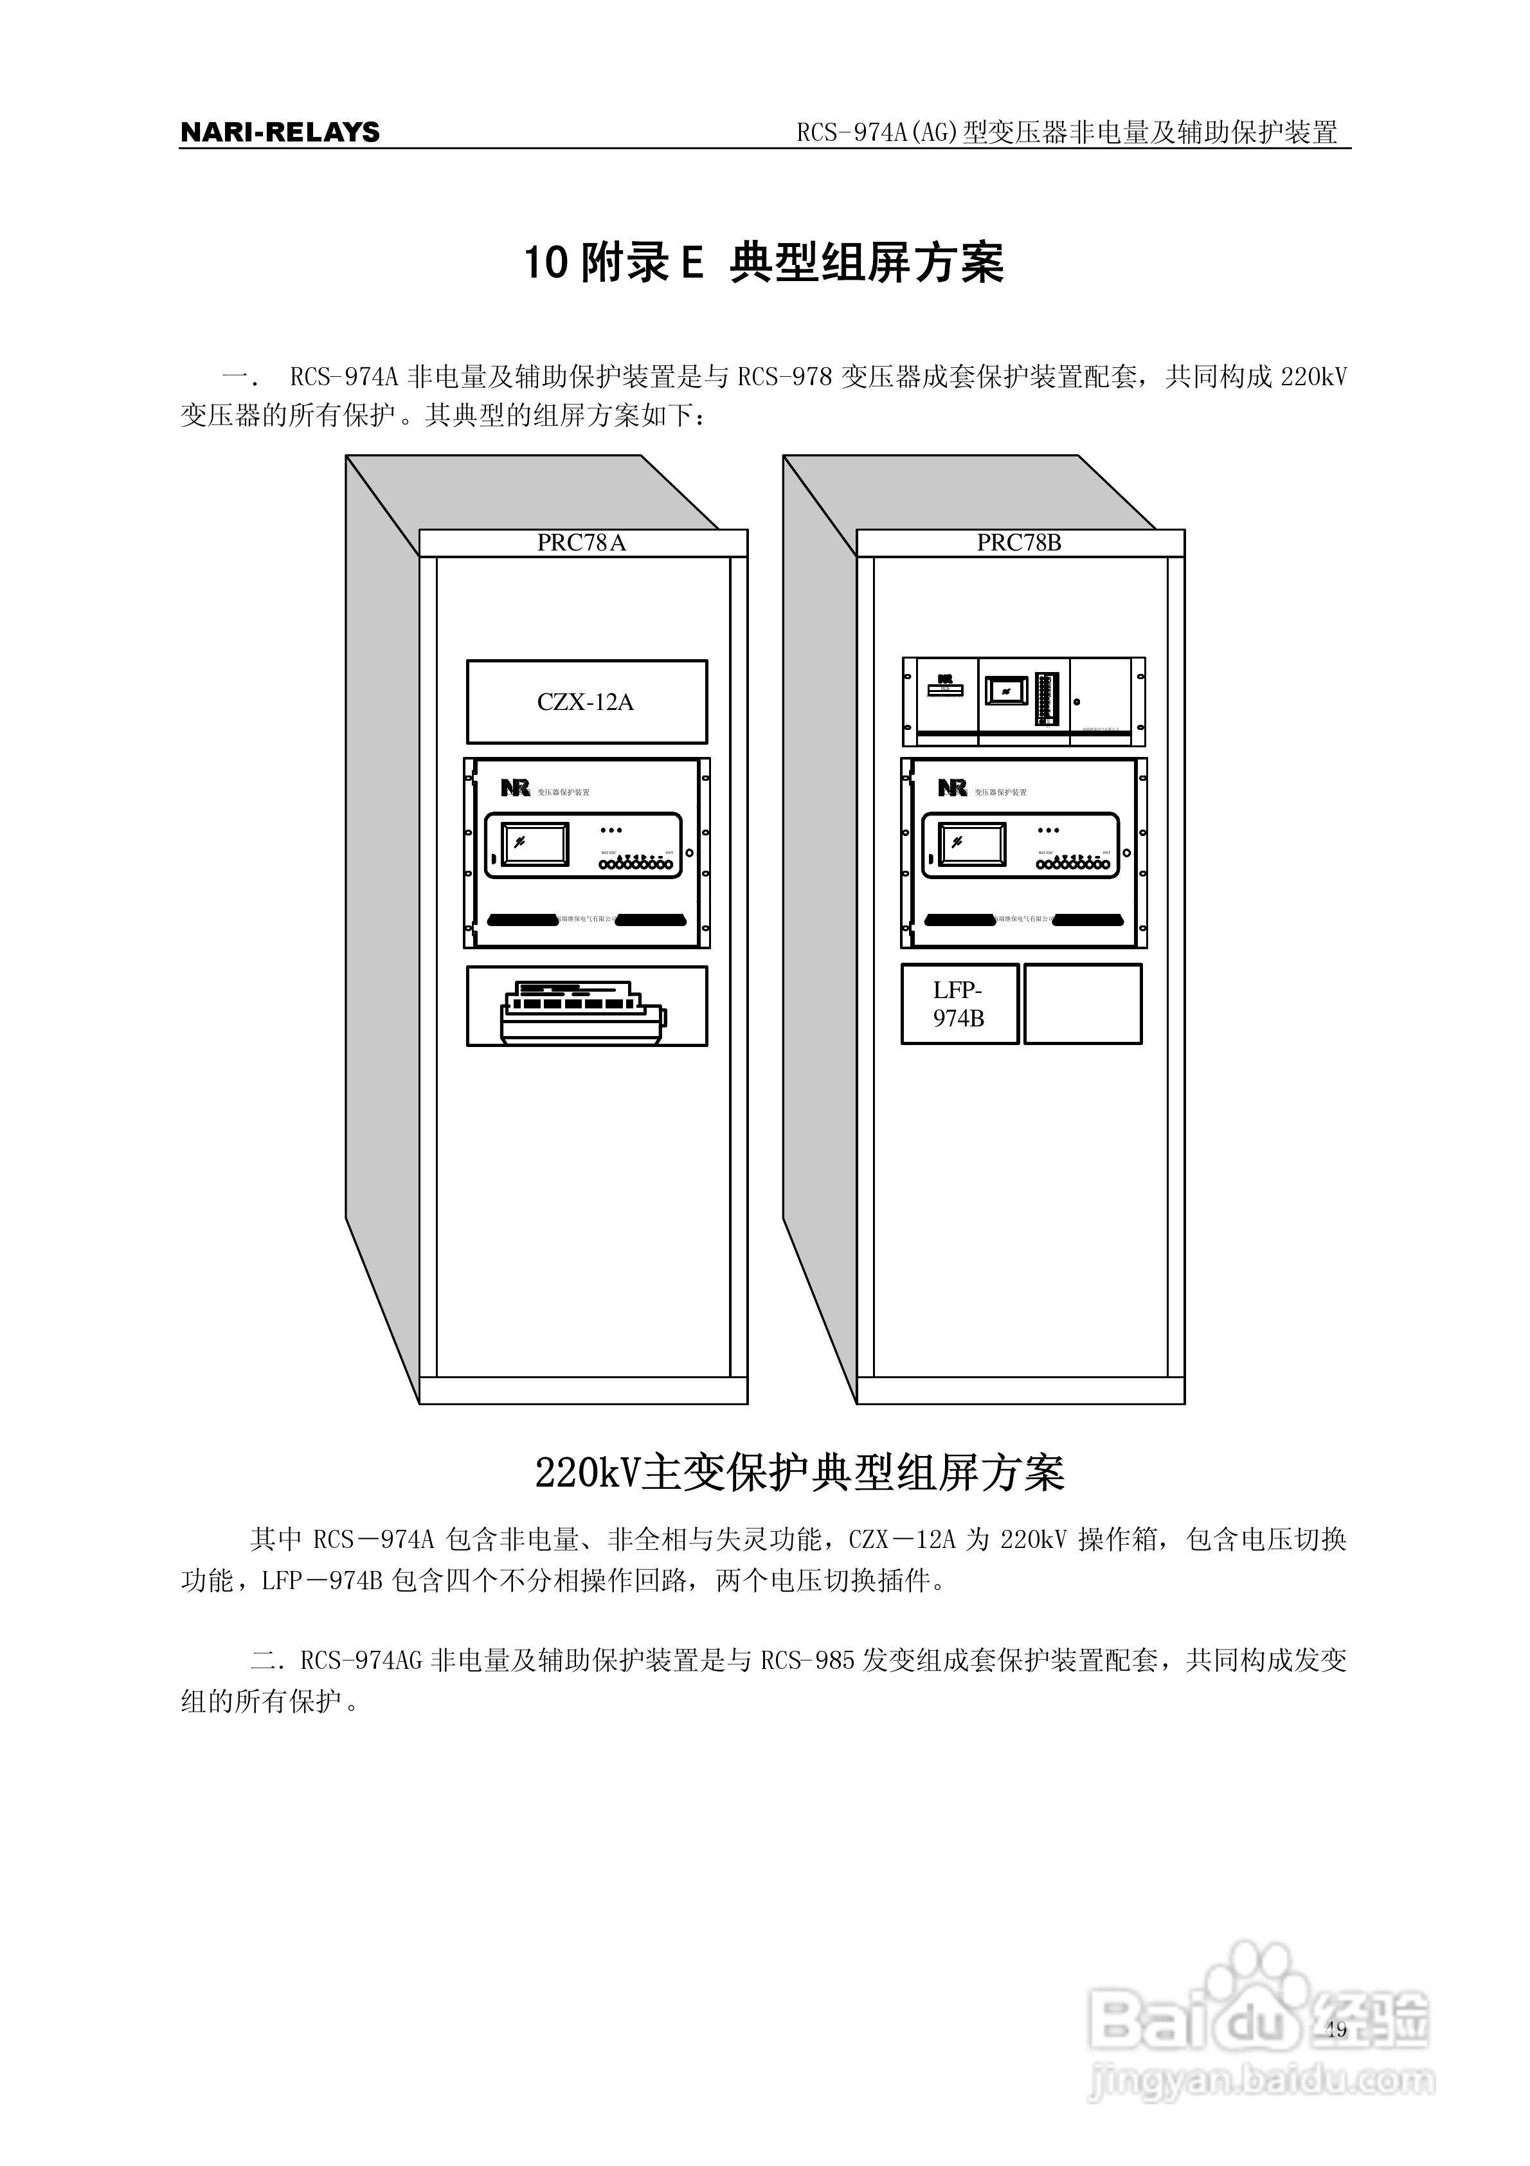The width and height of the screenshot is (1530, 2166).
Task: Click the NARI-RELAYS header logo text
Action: click(280, 132)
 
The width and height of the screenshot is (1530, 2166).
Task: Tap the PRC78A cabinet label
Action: click(581, 542)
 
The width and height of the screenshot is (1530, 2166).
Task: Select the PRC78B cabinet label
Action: click(1019, 542)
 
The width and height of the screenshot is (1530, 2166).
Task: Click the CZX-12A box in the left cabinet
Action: click(586, 702)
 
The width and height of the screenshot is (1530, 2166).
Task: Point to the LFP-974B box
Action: click(959, 1004)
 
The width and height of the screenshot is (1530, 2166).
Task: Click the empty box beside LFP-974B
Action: click(1083, 1004)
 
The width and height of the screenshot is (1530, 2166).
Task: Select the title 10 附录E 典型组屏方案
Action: click(764, 262)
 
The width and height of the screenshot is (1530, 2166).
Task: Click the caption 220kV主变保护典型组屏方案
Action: click(800, 1473)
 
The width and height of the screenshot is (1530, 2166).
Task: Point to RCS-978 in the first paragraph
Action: click(785, 378)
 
